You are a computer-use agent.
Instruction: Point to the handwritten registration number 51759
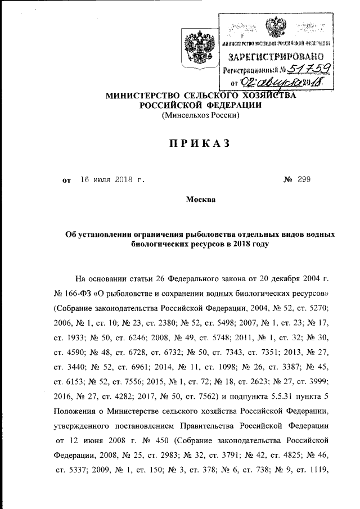[306, 70]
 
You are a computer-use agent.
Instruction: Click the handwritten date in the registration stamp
[279, 83]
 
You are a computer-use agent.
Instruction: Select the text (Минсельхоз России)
[201, 116]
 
